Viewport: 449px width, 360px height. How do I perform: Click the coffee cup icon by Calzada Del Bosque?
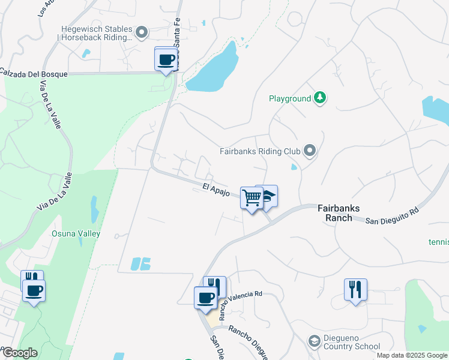tap(166, 59)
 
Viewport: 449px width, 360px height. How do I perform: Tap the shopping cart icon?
tap(252, 197)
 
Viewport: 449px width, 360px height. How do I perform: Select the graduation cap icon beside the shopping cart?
tap(268, 196)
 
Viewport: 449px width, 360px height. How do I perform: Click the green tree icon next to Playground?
tap(321, 98)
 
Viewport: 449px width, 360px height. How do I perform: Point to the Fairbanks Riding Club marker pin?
tap(310, 150)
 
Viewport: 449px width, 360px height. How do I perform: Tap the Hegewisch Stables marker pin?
tap(142, 32)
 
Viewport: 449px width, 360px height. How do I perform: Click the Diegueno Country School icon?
tap(313, 341)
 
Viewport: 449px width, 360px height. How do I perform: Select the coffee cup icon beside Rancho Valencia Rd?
tap(205, 298)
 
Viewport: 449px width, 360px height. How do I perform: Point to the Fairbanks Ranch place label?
tap(339, 213)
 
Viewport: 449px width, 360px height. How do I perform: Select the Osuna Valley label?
tap(76, 233)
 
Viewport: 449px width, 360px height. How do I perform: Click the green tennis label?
tap(438, 242)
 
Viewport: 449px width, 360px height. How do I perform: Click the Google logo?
tap(19, 353)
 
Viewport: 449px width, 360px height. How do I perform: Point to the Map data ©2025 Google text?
tap(411, 355)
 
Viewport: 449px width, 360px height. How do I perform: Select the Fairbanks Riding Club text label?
tap(259, 151)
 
